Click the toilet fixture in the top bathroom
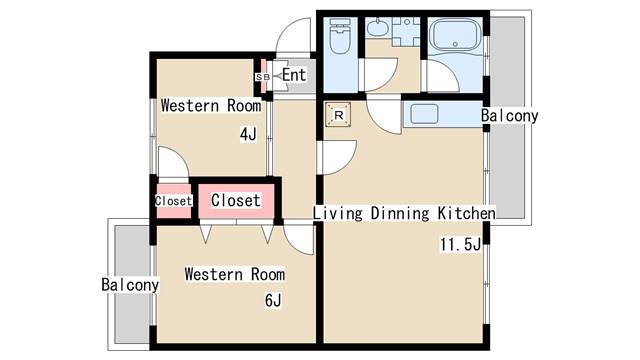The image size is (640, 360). (x=340, y=36)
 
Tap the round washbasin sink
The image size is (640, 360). (x=378, y=28)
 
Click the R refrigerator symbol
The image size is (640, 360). (x=338, y=115)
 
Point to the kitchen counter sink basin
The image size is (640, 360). (x=424, y=113)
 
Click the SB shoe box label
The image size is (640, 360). (x=262, y=77)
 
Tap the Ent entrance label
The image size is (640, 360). (x=294, y=75)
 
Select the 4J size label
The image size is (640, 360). (x=248, y=134)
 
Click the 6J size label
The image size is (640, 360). (x=273, y=300)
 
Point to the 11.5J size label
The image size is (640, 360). (x=460, y=244)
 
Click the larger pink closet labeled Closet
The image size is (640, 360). (x=236, y=200)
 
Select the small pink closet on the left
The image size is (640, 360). (x=173, y=201)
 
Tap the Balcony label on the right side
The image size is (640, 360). (x=509, y=116)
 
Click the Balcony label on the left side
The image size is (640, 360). (x=130, y=284)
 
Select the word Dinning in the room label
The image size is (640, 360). (x=400, y=213)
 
